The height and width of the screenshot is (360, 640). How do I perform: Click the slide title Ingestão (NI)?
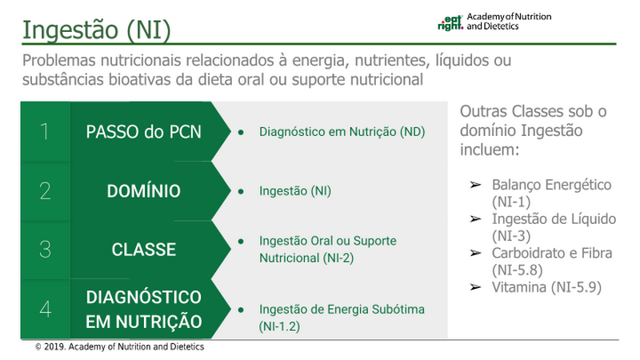coord(96,30)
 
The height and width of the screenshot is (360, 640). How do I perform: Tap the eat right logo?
coord(450,23)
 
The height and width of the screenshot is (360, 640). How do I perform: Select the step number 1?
coord(45,131)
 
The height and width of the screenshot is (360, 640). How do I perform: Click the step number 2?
coord(46,190)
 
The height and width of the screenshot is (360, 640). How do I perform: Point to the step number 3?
coord(46,250)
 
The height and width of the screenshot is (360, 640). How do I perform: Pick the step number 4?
coord(46,309)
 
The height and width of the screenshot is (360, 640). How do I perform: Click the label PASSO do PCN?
coord(144,132)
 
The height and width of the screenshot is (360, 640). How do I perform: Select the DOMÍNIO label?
coord(144,191)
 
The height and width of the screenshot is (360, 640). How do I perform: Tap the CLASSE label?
coord(144,250)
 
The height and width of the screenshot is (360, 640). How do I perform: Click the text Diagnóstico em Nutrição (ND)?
coord(342,132)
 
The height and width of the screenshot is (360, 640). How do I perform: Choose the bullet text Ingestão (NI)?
coord(295,191)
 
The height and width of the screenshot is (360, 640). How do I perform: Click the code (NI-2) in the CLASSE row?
coord(338,258)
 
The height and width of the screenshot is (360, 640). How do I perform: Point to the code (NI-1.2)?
coord(279,326)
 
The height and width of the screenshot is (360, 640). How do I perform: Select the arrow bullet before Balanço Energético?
coord(475,185)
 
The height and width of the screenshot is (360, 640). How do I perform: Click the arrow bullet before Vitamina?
coord(475,287)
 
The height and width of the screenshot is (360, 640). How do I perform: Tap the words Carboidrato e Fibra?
coord(552,253)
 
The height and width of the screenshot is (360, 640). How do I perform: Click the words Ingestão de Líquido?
coord(554,218)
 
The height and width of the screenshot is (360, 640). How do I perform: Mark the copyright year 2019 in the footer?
coord(54,347)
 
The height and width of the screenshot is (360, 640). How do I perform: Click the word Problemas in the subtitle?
coord(59,61)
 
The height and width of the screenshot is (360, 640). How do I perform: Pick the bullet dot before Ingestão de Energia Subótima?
coord(241,310)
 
